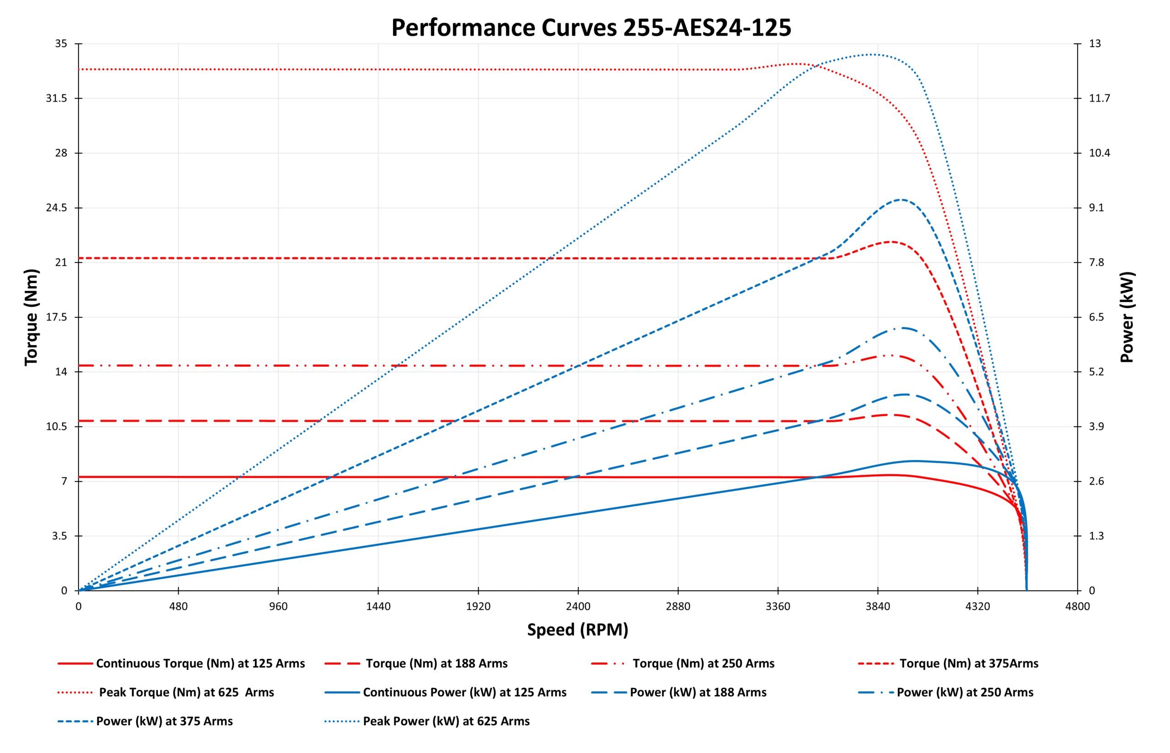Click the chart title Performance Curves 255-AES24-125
point(591,28)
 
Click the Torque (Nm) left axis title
point(31,317)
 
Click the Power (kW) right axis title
point(1127,317)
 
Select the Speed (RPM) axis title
point(577,629)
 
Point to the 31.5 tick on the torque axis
point(56,98)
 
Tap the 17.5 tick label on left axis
point(56,317)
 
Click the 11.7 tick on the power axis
point(1099,98)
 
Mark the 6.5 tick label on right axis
point(1096,317)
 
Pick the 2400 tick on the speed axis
point(578,606)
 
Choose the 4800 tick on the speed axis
point(1077,606)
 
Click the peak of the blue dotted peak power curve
point(872,54)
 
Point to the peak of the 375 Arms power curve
point(901,199)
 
